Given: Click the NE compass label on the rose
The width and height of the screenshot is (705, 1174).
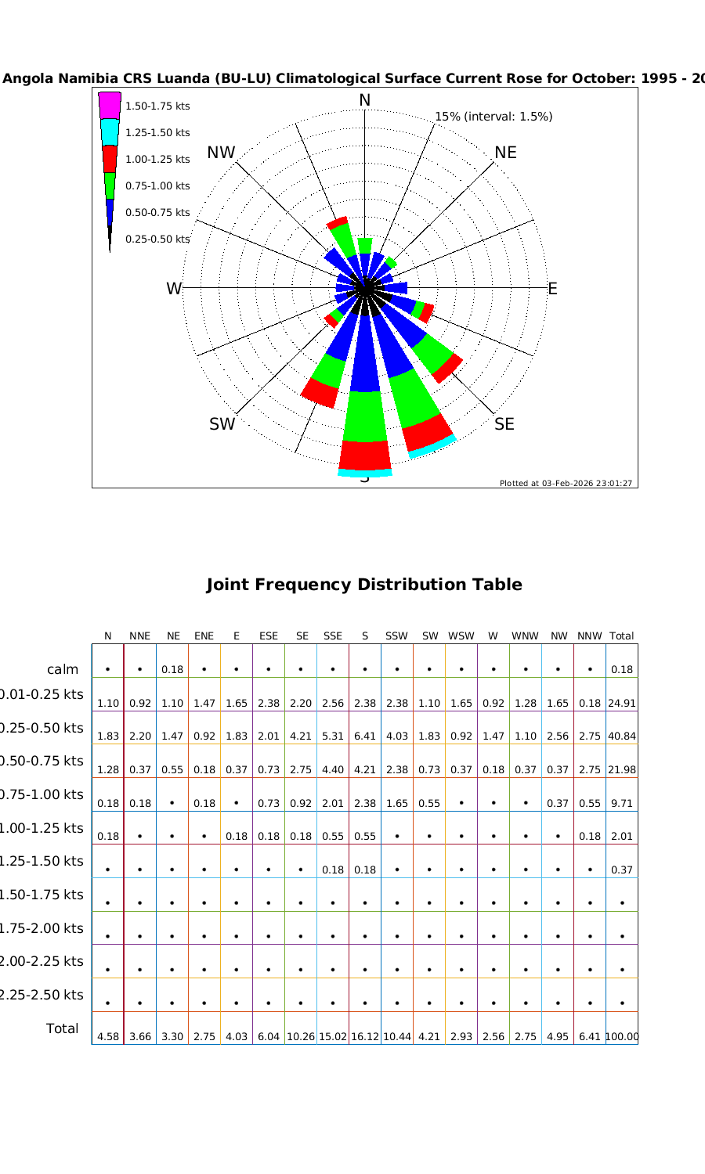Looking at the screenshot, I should tap(505, 153).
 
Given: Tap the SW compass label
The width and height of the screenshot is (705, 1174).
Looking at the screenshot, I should tap(222, 424).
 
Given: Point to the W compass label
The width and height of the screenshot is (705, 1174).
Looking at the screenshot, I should tap(174, 289).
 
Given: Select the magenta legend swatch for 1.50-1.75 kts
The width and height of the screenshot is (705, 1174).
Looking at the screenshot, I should tap(110, 106).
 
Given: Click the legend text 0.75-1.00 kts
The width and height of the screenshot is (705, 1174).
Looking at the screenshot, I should tap(157, 186).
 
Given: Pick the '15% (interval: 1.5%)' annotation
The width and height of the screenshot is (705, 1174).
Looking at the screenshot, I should tap(493, 117).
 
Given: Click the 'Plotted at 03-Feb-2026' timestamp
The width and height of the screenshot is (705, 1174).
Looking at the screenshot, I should tap(566, 483).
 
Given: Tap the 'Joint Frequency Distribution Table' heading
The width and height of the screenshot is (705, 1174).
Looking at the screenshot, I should tap(363, 585).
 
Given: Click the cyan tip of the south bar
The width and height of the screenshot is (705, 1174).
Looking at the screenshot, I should tap(365, 473).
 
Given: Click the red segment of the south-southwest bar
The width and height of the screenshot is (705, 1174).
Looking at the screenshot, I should tap(320, 391).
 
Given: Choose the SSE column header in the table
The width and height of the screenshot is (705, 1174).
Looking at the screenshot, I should tap(333, 636).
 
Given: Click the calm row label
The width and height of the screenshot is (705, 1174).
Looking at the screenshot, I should tap(63, 669).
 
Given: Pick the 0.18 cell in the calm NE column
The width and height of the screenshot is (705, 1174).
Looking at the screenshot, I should tap(172, 669).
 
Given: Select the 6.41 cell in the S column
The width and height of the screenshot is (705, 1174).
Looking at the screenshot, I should tap(365, 736).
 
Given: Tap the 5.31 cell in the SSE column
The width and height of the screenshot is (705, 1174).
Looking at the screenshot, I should tap(333, 736).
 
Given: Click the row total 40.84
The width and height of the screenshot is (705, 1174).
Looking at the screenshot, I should tap(622, 736).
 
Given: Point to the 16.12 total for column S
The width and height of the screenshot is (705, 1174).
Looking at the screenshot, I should tap(365, 1037).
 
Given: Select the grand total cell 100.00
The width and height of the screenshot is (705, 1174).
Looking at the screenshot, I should tap(622, 1037).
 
